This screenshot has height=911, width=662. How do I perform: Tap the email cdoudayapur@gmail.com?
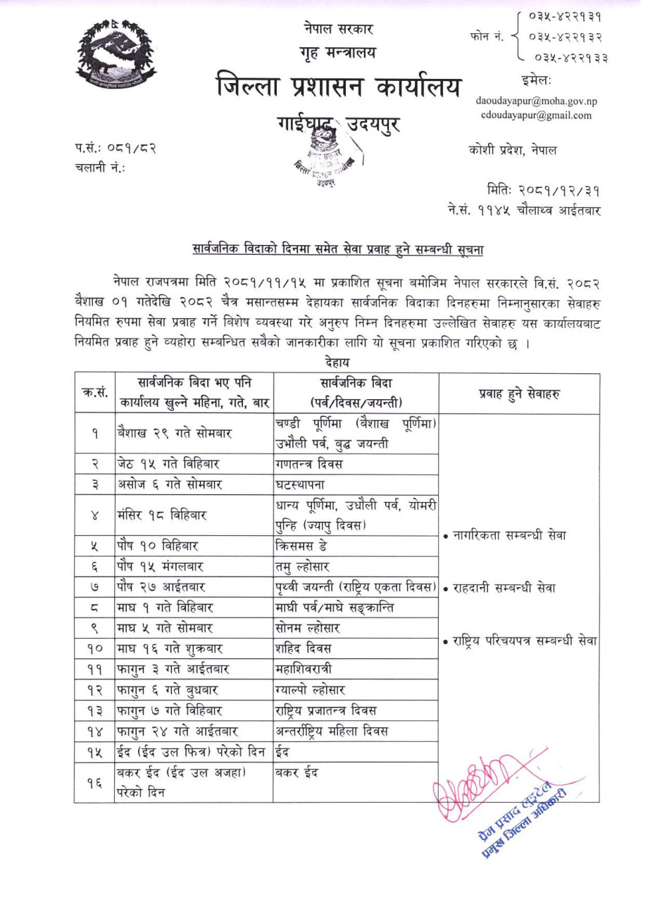pos(536,115)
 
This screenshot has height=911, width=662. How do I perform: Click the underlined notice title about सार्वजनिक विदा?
pos(337,249)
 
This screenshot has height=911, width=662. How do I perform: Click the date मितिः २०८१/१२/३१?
pos(544,191)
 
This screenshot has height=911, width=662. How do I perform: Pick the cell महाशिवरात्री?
pos(304,669)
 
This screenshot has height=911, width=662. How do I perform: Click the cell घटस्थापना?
pos(301,485)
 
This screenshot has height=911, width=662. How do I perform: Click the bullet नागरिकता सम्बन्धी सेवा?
pos(505,535)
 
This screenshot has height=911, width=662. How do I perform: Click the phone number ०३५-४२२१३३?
pos(570,58)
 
